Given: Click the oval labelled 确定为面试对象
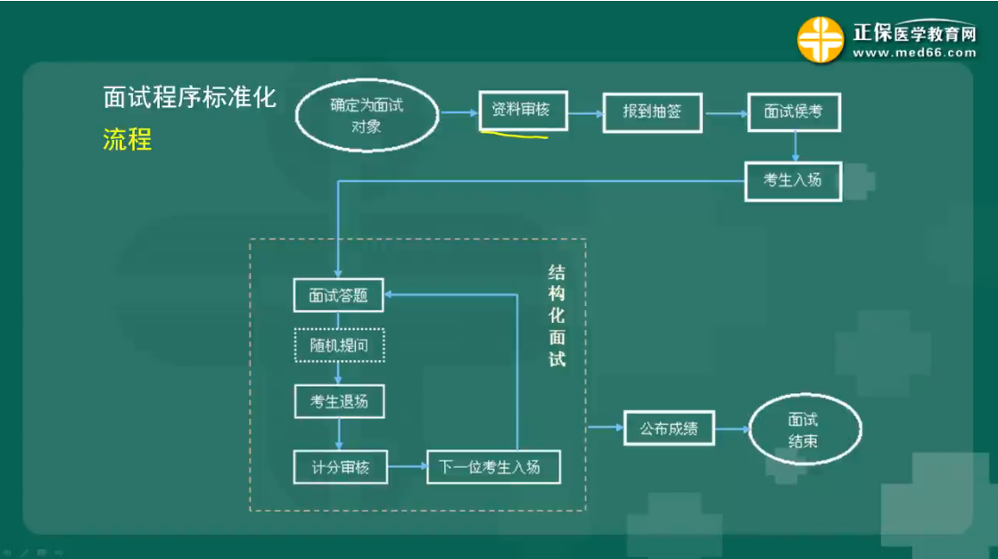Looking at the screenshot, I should [367, 115].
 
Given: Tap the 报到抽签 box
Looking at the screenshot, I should [653, 112].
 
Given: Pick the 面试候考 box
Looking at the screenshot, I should [793, 112].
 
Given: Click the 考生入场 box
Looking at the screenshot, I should [792, 180].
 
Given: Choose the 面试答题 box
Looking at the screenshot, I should [338, 296].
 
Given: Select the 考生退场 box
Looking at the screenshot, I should [339, 401].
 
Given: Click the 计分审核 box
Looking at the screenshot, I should [339, 466].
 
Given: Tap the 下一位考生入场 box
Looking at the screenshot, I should [494, 466].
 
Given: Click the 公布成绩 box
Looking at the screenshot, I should [669, 430].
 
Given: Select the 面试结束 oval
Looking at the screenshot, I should [804, 431].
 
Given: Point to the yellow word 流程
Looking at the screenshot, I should [128, 139].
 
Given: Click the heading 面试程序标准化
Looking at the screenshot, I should [190, 97].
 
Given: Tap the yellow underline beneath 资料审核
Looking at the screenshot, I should [514, 136].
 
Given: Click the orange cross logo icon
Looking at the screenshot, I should [820, 40].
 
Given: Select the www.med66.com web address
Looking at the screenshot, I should [913, 53].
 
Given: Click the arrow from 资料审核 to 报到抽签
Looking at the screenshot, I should [585, 113].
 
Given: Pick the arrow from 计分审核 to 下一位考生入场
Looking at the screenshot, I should [405, 466].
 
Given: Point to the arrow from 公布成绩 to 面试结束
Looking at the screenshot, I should [730, 430].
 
